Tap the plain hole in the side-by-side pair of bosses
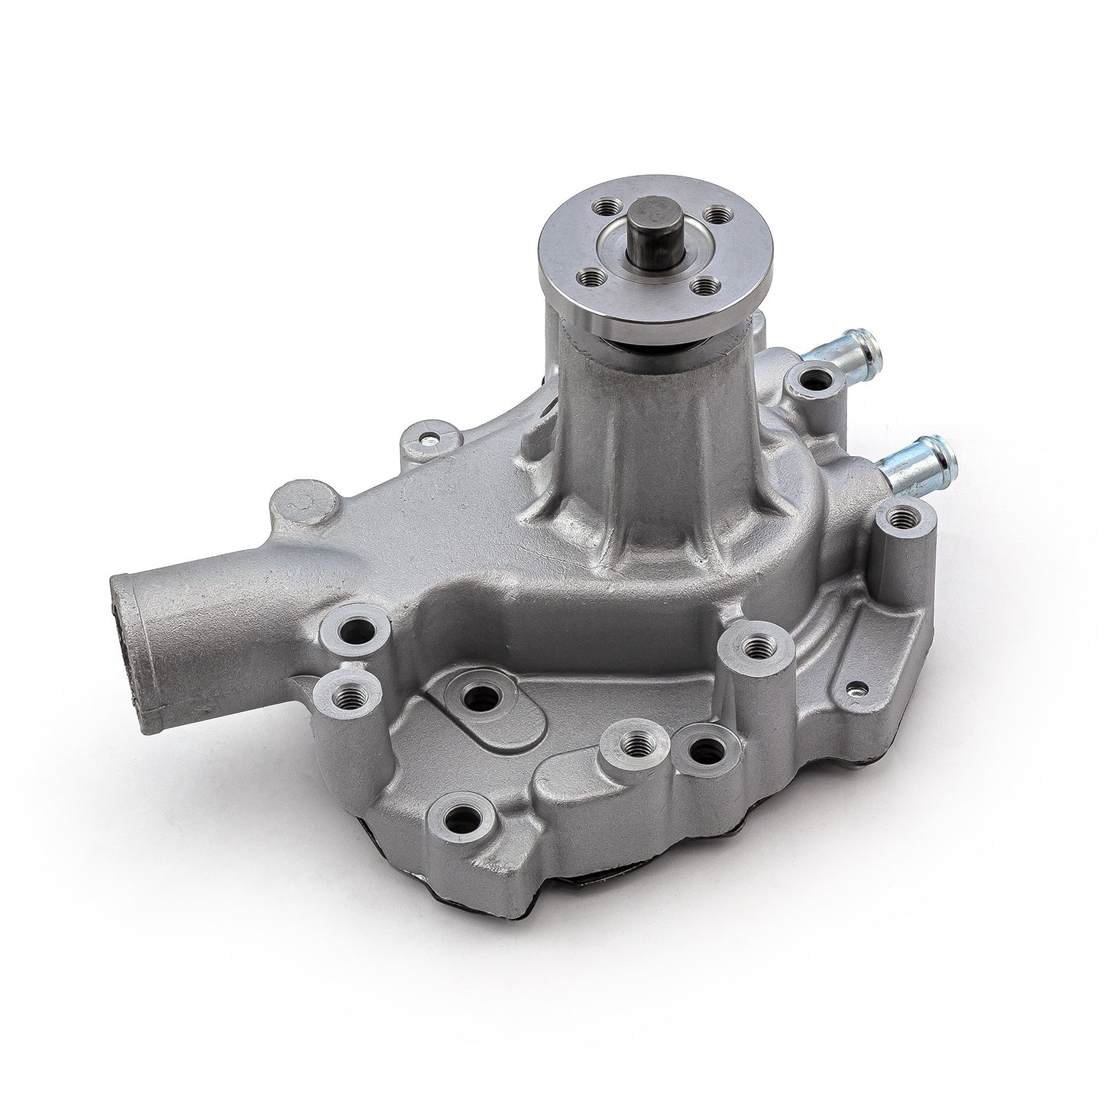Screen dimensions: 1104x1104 click(702, 749)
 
